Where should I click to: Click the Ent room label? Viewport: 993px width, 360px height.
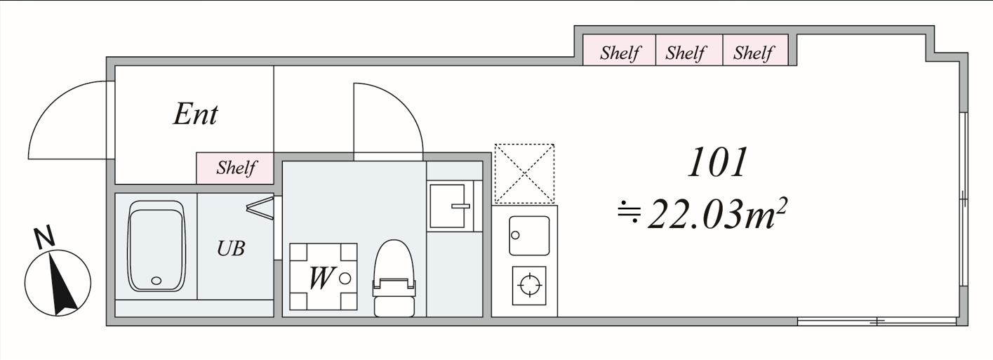pos(196,114)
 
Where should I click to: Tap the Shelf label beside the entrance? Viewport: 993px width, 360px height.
pos(235,168)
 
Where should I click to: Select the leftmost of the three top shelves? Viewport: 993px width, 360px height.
pos(620,53)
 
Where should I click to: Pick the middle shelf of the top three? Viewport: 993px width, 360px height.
pos(686,53)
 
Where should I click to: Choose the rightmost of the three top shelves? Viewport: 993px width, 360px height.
pos(754,53)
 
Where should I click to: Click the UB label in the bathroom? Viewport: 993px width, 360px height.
pos(231,248)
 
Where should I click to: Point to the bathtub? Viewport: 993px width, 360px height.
pos(156,246)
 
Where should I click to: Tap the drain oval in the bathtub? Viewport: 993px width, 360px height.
pos(156,281)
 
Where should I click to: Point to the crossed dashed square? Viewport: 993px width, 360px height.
pos(524,173)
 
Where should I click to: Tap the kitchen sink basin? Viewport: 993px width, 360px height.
pos(529,236)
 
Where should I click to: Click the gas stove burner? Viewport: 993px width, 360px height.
pos(529,285)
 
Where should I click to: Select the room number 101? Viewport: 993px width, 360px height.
pos(717,162)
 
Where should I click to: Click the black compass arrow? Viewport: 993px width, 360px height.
pos(62,284)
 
